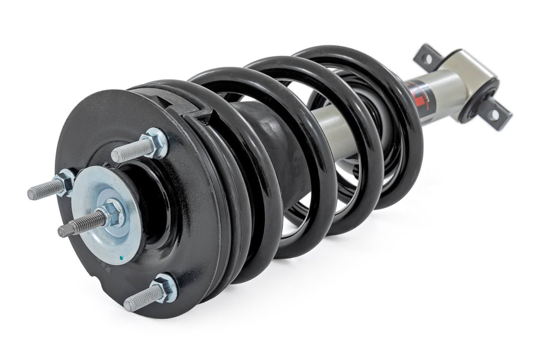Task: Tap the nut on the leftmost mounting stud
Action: coord(66,182)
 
